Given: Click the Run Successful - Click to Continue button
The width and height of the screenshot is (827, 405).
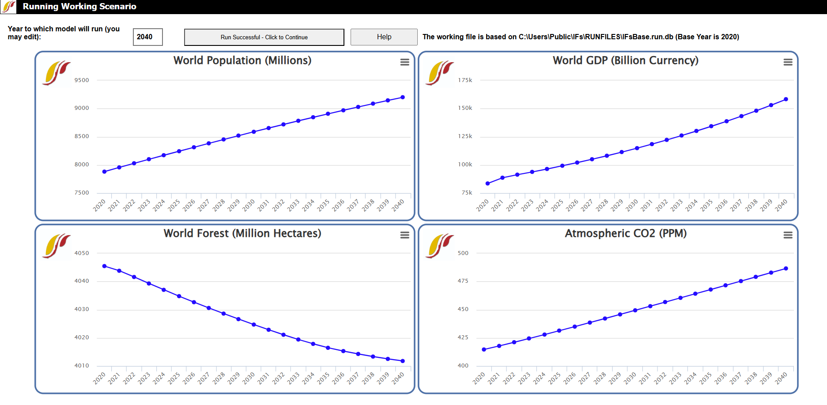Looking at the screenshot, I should [264, 37].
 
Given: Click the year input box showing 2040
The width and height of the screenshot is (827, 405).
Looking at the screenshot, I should [147, 37].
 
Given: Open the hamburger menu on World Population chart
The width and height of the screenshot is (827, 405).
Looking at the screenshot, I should [404, 62].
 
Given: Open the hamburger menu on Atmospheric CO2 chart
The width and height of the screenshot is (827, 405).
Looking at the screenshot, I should [788, 235].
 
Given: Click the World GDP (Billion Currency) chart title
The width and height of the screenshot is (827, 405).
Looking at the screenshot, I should [625, 60].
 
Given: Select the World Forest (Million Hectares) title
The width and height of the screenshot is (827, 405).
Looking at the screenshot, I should [242, 233].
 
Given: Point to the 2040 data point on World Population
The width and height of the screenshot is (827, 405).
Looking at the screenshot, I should [402, 97].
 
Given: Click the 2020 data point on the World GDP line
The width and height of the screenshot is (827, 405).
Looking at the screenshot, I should [487, 184].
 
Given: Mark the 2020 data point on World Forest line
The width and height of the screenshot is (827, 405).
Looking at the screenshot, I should [104, 266].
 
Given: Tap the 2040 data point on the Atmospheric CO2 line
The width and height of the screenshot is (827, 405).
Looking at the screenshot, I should [786, 269].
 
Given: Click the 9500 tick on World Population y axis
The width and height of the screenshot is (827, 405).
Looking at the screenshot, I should [82, 80].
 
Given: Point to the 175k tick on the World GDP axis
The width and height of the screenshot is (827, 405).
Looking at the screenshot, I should [465, 80].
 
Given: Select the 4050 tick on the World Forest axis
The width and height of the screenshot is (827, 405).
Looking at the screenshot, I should [82, 253].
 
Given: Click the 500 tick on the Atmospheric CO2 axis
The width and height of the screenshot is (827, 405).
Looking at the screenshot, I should [463, 253].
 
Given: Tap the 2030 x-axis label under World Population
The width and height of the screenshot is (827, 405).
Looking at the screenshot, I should [249, 205].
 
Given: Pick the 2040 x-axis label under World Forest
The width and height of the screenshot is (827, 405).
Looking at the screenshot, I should [398, 378].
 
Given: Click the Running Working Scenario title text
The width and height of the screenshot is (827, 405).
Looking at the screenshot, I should [79, 7].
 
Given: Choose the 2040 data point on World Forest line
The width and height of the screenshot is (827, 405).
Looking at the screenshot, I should [402, 361].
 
